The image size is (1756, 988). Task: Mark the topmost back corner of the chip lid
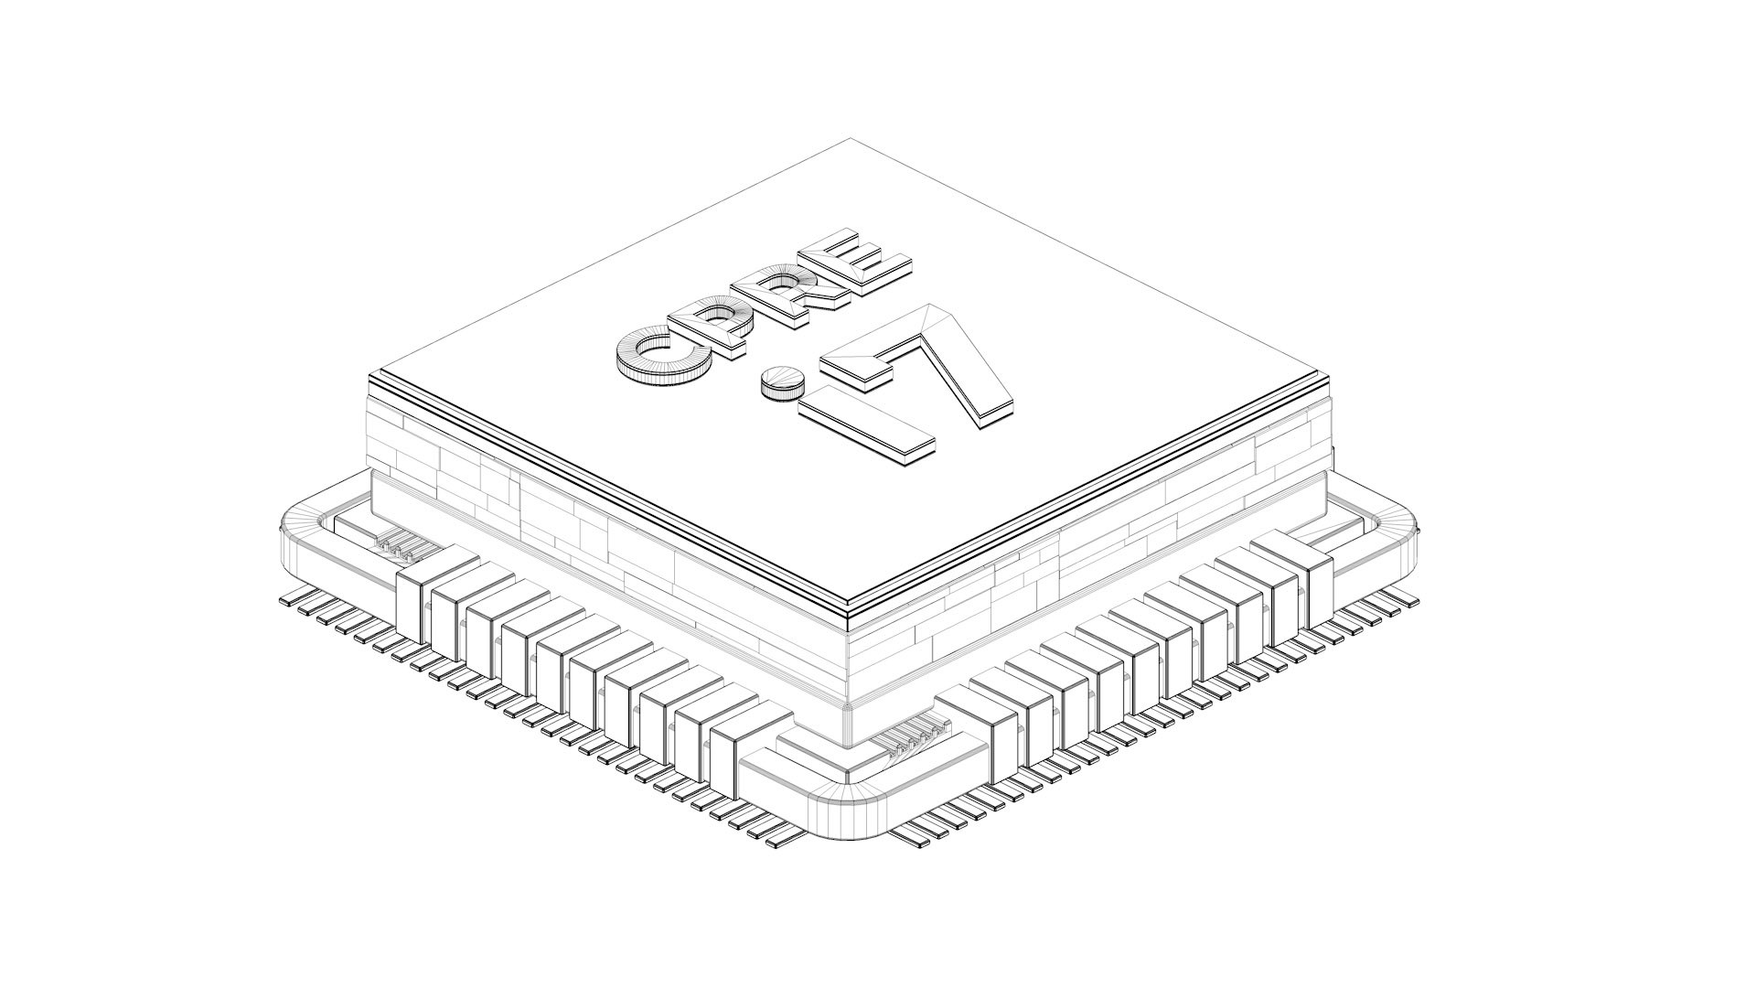point(851,140)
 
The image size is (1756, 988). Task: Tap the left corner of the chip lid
point(370,377)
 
